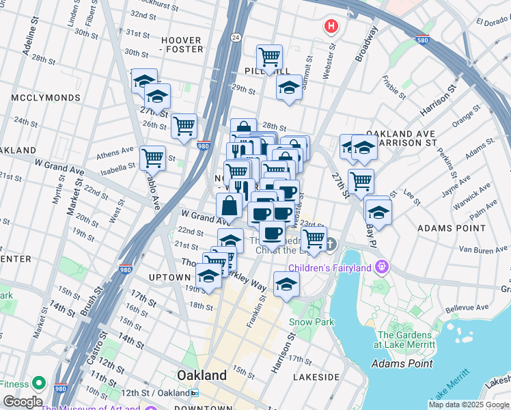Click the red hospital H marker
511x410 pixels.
point(331,27)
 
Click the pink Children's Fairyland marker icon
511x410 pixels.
point(381,266)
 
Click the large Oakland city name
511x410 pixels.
point(202,375)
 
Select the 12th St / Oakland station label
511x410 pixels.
point(161,393)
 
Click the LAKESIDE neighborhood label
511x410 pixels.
point(316,377)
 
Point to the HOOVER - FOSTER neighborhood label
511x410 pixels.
point(182,44)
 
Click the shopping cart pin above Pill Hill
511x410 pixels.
point(270,57)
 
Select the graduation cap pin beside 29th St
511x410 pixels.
point(289,87)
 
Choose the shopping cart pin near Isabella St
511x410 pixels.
point(152,158)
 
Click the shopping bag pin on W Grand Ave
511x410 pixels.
point(229,206)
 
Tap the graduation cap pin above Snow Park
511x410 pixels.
point(286,284)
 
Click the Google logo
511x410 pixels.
point(22,402)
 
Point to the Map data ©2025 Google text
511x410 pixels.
point(469,405)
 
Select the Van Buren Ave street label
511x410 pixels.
point(478,251)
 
